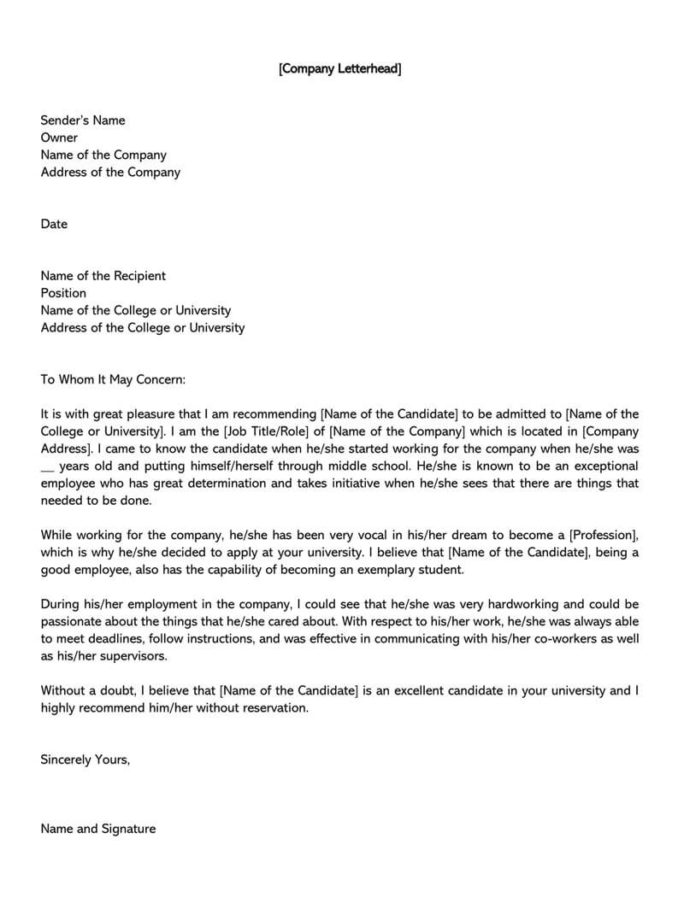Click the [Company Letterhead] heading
339,68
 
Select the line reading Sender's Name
83,120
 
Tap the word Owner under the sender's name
59,138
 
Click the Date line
54,224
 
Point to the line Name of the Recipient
103,276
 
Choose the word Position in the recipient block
63,293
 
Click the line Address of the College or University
143,327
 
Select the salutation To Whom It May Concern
113,379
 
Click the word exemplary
356,570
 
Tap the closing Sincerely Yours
85,759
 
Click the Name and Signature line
98,829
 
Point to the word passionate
74,621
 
